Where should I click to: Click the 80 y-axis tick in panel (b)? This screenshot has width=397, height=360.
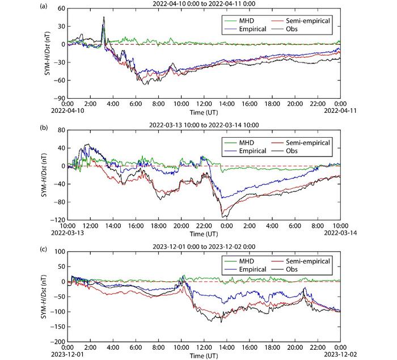pos(58,130)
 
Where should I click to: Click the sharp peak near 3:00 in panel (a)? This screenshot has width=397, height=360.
pos(104,17)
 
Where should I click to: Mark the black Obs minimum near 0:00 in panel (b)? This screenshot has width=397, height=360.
pos(225,217)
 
